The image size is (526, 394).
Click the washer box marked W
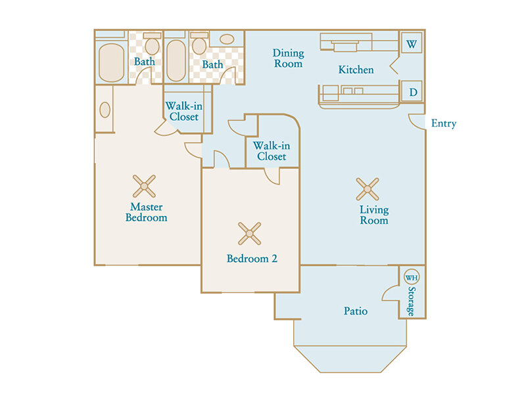click(412, 43)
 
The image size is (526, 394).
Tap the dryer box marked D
click(412, 91)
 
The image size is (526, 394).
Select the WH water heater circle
click(412, 277)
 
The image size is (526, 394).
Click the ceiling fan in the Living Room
click(368, 189)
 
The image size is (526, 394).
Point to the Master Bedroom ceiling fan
click(144, 186)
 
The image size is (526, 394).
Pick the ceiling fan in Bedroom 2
click(249, 234)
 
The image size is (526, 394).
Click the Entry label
click(443, 123)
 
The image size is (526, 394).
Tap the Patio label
click(356, 311)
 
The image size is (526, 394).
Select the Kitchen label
click(356, 70)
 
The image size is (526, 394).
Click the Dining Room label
click(288, 58)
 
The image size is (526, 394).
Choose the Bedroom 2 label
click(252, 258)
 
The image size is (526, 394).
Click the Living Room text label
click(374, 215)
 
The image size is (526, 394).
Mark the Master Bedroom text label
click(146, 212)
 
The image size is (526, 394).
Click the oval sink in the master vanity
click(105, 110)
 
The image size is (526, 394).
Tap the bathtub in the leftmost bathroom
click(111, 62)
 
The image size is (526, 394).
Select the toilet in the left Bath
click(152, 44)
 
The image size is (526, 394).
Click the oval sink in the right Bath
click(227, 39)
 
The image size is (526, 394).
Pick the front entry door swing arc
click(416, 122)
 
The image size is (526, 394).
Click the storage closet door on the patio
click(389, 293)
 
